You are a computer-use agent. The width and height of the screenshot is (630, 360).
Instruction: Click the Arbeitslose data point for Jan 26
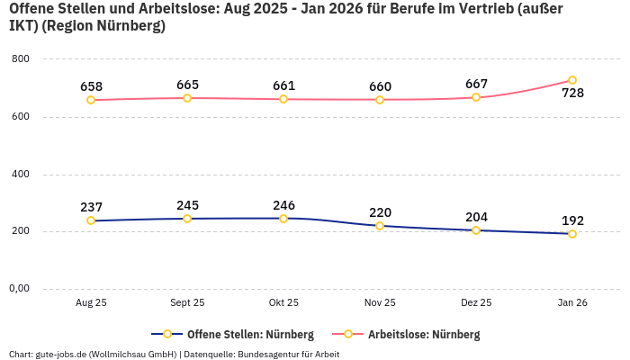tap(572, 80)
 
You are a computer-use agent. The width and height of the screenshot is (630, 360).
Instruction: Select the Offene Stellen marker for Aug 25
tap(91, 220)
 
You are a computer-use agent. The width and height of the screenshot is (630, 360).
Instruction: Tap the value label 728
tap(572, 94)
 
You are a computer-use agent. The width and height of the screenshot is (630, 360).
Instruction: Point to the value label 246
tap(283, 205)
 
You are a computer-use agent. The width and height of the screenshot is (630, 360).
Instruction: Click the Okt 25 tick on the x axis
tap(283, 303)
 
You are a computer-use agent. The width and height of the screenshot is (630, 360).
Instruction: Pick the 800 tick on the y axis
tap(20, 58)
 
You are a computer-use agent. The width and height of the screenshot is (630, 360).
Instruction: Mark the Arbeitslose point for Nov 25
tap(380, 99)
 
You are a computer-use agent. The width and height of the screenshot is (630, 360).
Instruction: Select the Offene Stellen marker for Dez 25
tap(476, 230)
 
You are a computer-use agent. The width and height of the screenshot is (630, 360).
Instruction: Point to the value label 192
tap(572, 220)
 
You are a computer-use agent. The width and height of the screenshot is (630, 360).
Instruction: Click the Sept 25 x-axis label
tap(187, 303)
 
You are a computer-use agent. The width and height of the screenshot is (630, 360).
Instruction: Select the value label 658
tap(91, 86)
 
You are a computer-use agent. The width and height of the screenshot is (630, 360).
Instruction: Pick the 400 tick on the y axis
tap(20, 174)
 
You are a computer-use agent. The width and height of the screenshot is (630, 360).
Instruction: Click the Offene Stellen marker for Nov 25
tap(380, 226)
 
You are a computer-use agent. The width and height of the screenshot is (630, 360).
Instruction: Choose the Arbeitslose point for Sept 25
tap(187, 98)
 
